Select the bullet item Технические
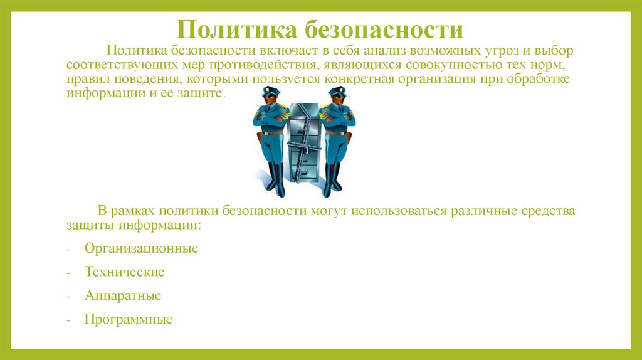pyautogui.click(x=124, y=272)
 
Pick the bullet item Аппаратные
pyautogui.click(x=123, y=295)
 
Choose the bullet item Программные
pyautogui.click(x=129, y=319)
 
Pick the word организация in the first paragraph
pyautogui.click(x=471, y=80)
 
